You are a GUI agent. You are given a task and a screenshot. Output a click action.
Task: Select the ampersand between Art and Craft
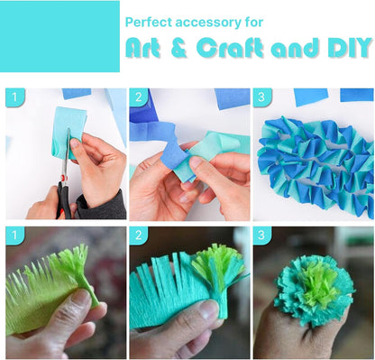tap(179, 48)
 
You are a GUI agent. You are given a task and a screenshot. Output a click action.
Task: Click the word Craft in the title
tap(231, 47)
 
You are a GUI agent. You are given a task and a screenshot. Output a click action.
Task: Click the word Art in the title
tap(142, 48)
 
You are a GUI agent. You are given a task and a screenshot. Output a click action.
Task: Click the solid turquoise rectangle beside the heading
tap(59, 36)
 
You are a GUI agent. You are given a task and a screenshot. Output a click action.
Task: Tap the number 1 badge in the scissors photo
tap(14, 97)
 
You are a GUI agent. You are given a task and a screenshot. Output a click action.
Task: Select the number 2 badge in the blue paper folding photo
tap(139, 97)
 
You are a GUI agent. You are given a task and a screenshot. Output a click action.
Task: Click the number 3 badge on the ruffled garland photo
tap(262, 97)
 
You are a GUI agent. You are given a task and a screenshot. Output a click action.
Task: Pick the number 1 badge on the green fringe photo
tap(14, 235)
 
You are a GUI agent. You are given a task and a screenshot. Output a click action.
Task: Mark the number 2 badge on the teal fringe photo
tap(139, 235)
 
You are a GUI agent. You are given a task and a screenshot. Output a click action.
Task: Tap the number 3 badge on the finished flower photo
tap(262, 235)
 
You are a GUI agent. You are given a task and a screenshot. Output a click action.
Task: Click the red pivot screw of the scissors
tap(63, 178)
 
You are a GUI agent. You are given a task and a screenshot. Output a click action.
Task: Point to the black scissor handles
tap(64, 200)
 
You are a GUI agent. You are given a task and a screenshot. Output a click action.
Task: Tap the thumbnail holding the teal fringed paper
tap(208, 310)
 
